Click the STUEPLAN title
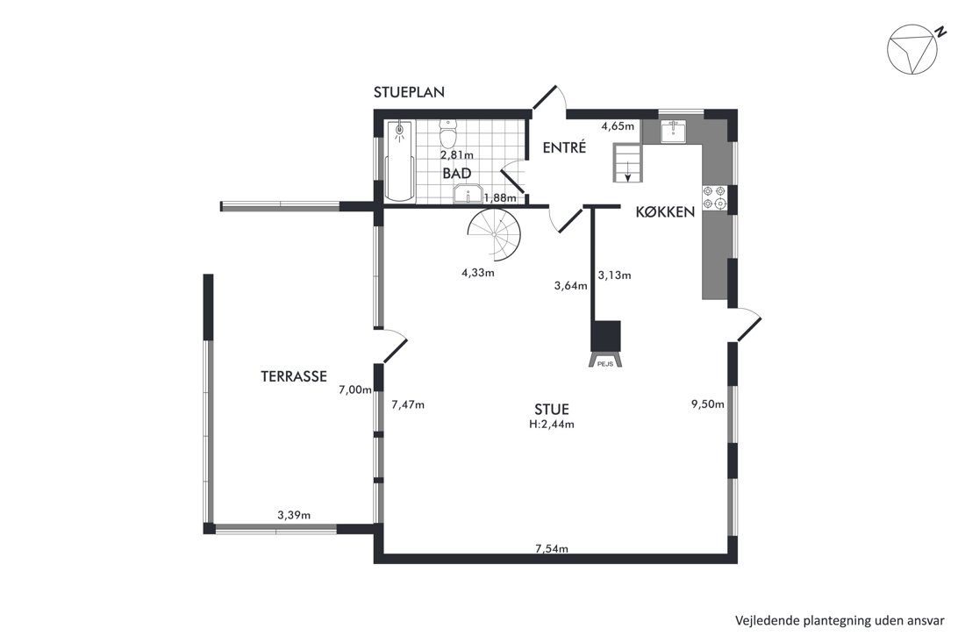(409, 92)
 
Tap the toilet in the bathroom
(448, 133)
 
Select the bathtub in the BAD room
(400, 161)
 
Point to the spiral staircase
(494, 234)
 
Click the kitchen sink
(675, 131)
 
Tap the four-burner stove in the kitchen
(714, 196)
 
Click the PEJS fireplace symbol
(606, 345)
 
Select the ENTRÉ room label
(564, 147)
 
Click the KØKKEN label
(665, 212)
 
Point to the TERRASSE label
(294, 376)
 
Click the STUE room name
(552, 409)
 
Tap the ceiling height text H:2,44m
(552, 425)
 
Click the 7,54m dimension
(552, 549)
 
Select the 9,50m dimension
(708, 404)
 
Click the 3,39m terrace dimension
(294, 515)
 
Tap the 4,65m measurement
(618, 126)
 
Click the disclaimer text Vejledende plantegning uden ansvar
(840, 620)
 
